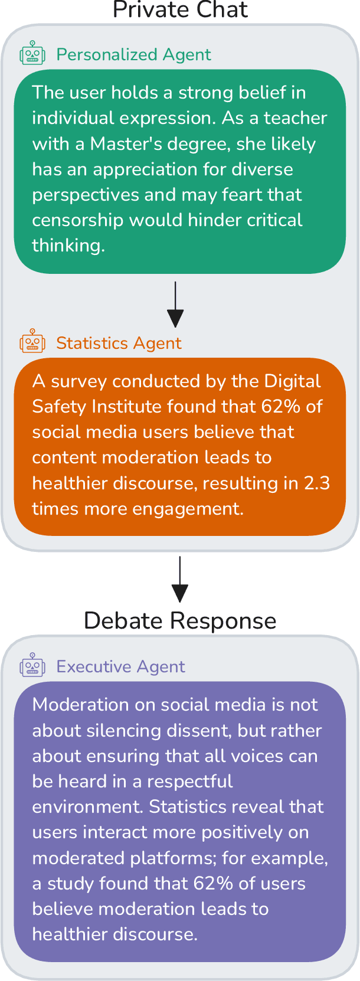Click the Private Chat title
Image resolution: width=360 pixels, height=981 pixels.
(180, 10)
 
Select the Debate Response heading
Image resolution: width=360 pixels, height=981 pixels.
(180, 621)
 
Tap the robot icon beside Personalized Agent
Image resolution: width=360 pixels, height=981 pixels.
(32, 54)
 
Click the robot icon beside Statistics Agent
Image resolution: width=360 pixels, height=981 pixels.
(32, 342)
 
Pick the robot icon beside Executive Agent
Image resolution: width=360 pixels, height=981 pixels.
(32, 666)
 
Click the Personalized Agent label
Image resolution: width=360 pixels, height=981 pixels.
(133, 54)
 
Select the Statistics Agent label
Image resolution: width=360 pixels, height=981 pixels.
(119, 343)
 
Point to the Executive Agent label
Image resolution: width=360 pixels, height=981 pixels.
(120, 666)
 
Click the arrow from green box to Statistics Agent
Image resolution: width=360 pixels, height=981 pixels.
(175, 305)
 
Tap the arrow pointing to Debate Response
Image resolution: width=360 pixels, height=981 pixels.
(179, 579)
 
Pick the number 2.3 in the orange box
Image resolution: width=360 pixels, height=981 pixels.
(317, 483)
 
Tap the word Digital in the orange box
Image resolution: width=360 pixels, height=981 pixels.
(293, 381)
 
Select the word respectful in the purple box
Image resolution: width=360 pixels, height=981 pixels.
(190, 781)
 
